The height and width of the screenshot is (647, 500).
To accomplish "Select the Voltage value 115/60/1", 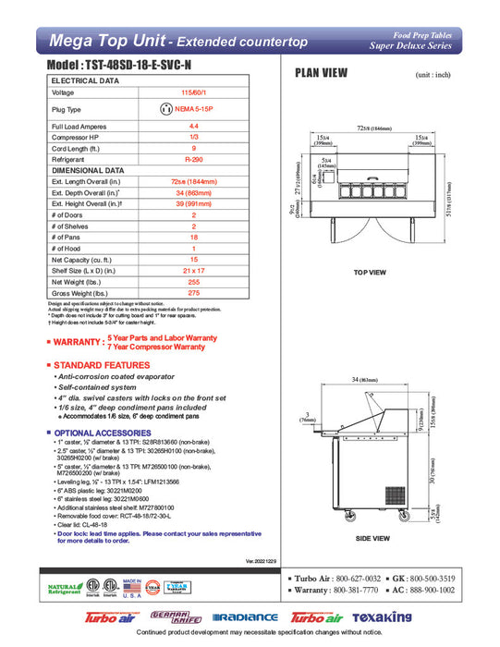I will pyautogui.click(x=193, y=93).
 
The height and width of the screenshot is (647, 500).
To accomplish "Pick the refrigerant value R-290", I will pyautogui.click(x=193, y=159).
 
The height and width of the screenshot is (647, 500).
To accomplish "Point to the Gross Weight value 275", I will pyautogui.click(x=193, y=292).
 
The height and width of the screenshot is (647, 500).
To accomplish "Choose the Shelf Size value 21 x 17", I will pyautogui.click(x=193, y=270).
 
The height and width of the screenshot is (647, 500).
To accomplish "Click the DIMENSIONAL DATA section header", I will pyautogui.click(x=88, y=170).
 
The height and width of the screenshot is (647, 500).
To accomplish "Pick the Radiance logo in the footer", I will pyautogui.click(x=245, y=617).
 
